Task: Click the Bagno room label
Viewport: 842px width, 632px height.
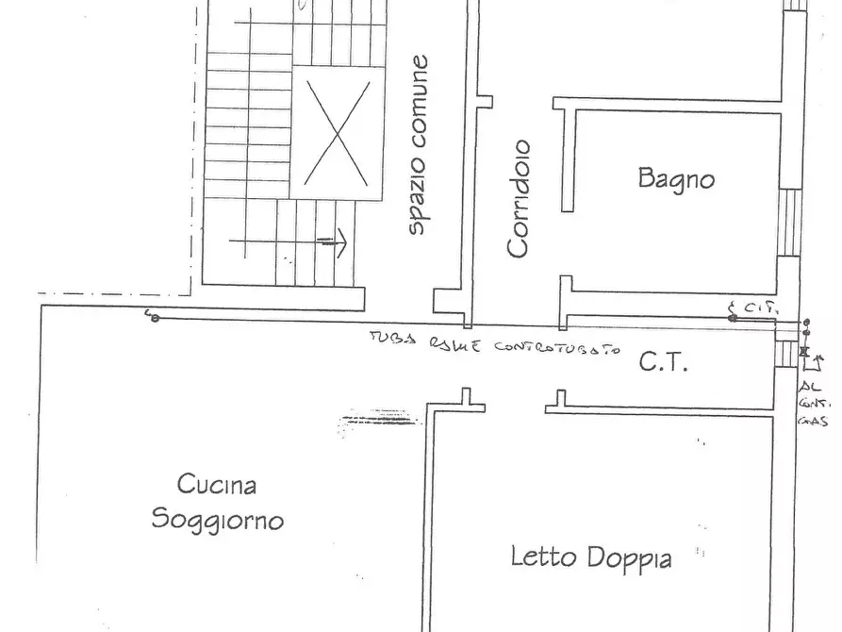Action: (x=675, y=177)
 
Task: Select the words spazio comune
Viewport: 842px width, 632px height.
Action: (x=419, y=144)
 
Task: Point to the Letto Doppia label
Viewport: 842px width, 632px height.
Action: (x=591, y=557)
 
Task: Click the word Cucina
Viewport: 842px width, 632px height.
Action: (x=217, y=485)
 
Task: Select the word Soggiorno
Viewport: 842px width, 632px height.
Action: (x=218, y=520)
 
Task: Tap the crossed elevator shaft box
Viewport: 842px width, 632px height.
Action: (x=337, y=132)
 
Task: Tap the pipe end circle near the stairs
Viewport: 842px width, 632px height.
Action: (x=154, y=318)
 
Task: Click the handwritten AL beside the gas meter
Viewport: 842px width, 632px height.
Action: (x=807, y=388)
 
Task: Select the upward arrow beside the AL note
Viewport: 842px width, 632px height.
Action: (x=817, y=360)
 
